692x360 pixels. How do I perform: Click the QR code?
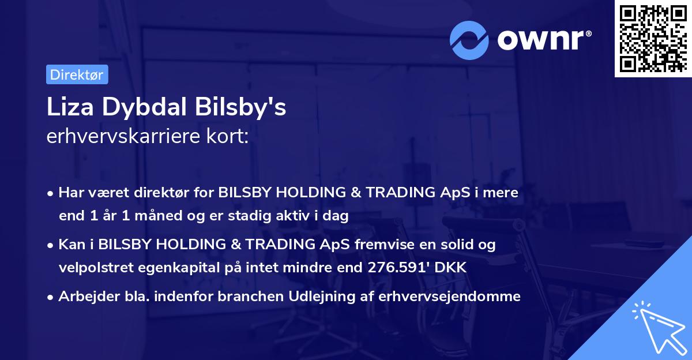tap(653, 39)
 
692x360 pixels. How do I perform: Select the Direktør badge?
tap(77, 74)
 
